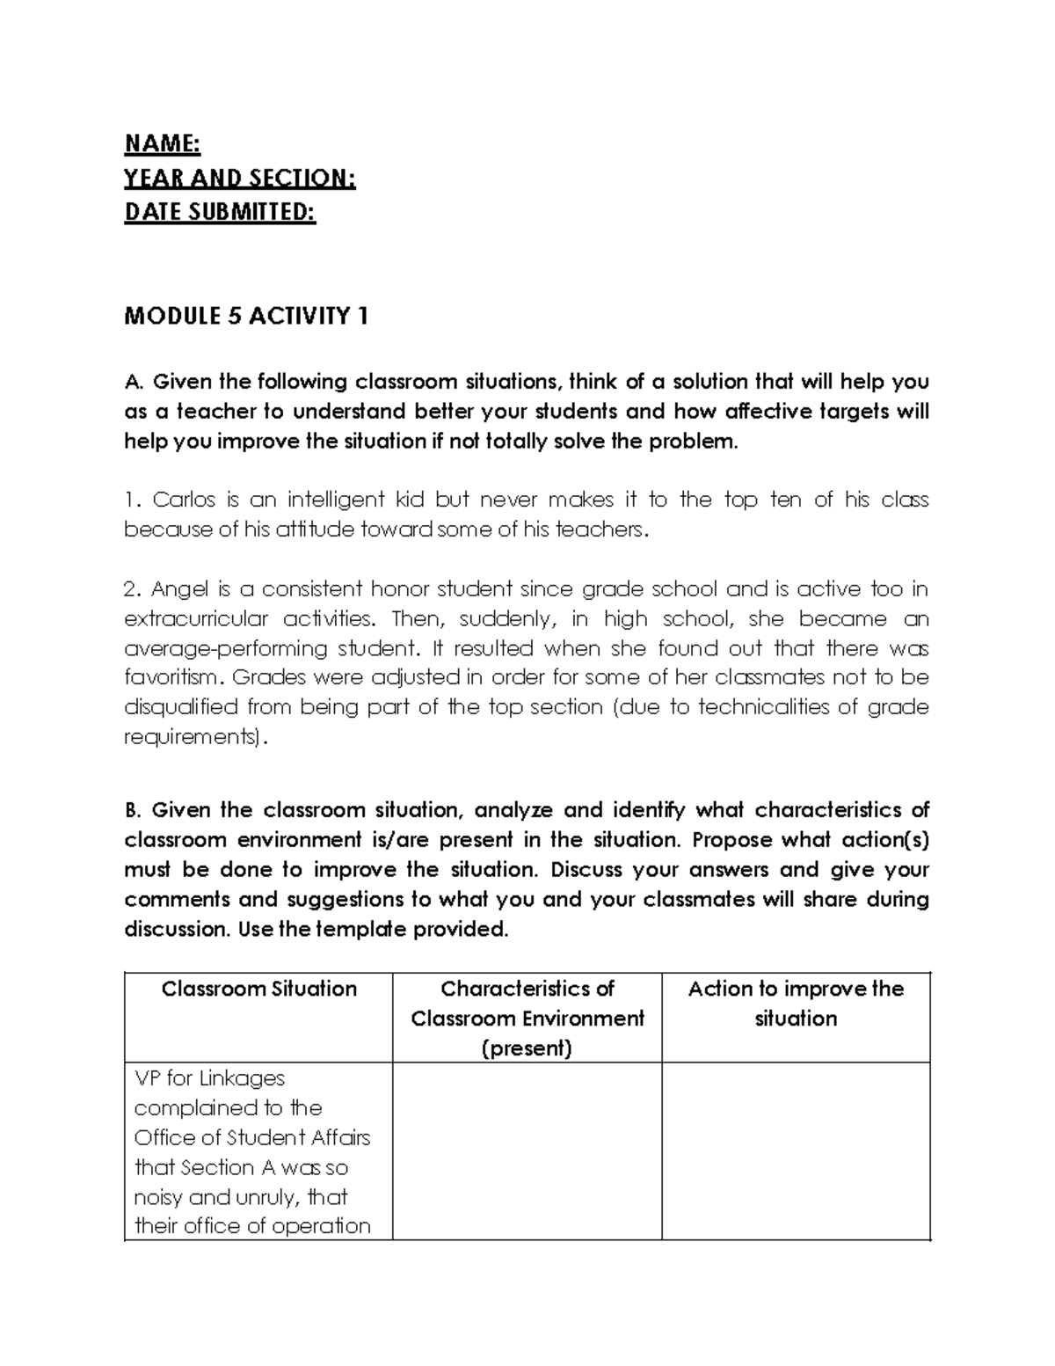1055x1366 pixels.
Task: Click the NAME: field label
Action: (162, 143)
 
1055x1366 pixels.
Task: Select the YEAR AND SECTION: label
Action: (239, 179)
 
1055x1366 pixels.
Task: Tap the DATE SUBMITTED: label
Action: (219, 213)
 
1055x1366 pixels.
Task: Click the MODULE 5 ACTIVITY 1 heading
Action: (245, 316)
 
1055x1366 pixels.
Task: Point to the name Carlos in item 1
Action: (183, 500)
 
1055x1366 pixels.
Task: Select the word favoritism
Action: (169, 677)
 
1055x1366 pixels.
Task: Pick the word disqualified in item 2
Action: (181, 707)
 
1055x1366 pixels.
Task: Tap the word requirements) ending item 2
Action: (193, 737)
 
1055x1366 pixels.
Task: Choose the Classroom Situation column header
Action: (258, 989)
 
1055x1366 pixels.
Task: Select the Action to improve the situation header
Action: (795, 1003)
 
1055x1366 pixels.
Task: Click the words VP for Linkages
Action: (209, 1077)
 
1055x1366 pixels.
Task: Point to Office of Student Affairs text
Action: (251, 1137)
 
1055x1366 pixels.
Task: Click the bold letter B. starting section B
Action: (133, 810)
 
